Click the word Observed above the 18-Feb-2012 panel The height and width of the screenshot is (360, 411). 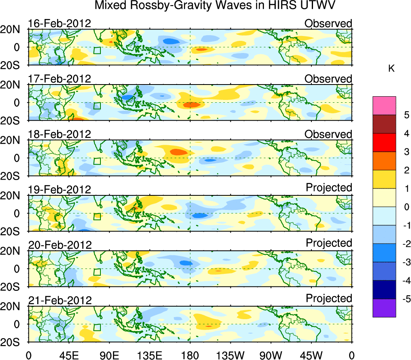pyautogui.click(x=328, y=134)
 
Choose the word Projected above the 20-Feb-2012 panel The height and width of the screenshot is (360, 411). pyautogui.click(x=329, y=243)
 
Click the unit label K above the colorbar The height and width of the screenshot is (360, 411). pyautogui.click(x=392, y=69)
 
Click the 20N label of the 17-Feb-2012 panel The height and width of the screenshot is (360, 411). pyautogui.click(x=13, y=85)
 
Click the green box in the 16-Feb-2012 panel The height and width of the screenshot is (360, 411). pyautogui.click(x=97, y=50)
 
